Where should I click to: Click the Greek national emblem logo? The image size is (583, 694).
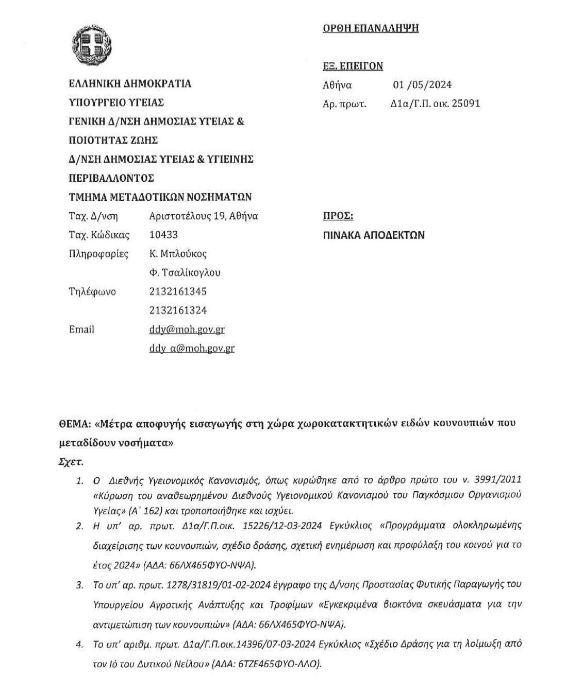tap(92, 44)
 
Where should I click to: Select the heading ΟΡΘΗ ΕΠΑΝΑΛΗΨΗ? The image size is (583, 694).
tap(371, 28)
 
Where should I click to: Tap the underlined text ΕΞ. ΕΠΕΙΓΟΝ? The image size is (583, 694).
tap(353, 66)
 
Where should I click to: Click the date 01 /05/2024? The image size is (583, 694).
tap(422, 85)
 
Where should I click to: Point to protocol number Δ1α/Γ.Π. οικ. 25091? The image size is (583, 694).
tap(435, 103)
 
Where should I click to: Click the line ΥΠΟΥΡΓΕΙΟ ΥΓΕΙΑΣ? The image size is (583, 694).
tap(116, 102)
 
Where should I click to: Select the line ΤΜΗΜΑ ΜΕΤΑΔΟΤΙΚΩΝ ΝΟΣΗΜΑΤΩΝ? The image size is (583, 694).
tap(160, 197)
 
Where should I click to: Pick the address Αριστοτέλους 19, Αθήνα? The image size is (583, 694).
tap(204, 216)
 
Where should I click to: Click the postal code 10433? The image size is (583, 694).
tap(163, 235)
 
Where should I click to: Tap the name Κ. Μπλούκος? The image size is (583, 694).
tap(178, 254)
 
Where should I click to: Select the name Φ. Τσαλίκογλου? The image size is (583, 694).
tap(185, 272)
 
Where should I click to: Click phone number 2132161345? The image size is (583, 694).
tap(178, 291)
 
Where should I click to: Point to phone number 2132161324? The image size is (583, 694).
tap(178, 310)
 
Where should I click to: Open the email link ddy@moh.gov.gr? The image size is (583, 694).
tap(187, 329)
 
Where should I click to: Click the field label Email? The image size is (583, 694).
tap(81, 329)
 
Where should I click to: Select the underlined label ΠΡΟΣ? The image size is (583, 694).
tap(338, 216)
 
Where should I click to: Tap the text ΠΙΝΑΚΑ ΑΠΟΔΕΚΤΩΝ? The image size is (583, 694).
tap(374, 235)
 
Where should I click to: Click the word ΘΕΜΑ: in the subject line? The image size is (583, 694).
tap(75, 424)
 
